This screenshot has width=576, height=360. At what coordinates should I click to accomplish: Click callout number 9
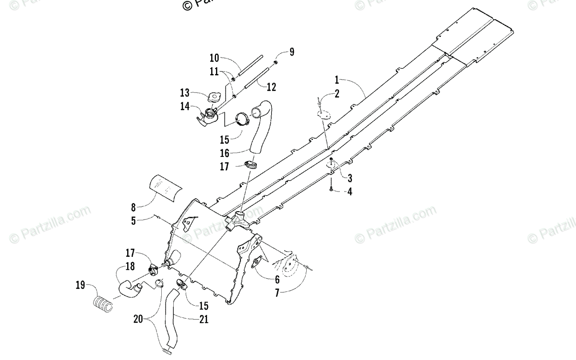(x=291, y=52)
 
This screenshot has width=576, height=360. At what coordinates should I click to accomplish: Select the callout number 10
(x=214, y=59)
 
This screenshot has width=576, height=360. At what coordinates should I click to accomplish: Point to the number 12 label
(x=271, y=87)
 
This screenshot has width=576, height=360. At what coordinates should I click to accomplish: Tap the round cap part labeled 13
(x=214, y=98)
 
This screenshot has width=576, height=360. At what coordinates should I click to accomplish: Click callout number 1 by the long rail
(x=337, y=79)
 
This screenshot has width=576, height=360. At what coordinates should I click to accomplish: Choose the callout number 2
(x=336, y=94)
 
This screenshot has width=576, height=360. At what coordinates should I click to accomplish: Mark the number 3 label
(x=350, y=179)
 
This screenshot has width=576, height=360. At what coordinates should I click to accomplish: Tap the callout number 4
(x=350, y=192)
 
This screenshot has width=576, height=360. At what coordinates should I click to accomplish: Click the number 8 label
(x=133, y=207)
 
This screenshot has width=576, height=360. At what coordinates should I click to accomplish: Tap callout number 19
(x=80, y=286)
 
